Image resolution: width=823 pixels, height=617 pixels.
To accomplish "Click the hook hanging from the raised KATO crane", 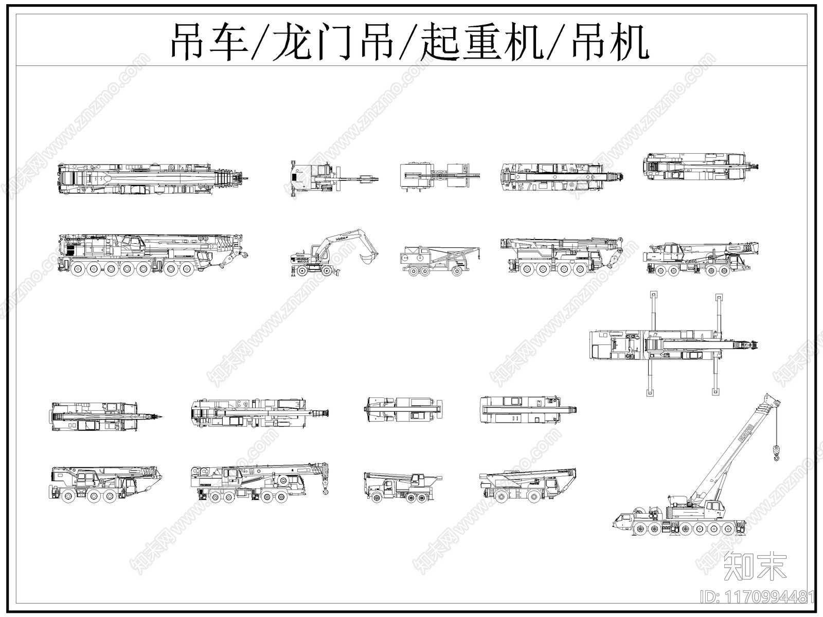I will click(777, 453).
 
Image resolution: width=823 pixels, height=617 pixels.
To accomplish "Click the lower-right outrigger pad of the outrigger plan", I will click(715, 392).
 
